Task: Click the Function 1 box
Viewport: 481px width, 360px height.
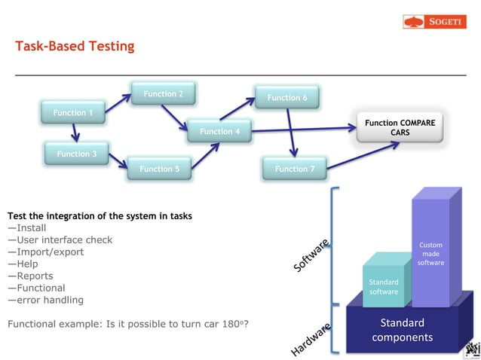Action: pyautogui.click(x=73, y=113)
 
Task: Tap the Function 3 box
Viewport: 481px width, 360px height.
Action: pyautogui.click(x=77, y=154)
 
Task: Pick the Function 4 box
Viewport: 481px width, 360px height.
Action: pyautogui.click(x=219, y=132)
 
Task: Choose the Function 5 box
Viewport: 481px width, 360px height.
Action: pyautogui.click(x=159, y=169)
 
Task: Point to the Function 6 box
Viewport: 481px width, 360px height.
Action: pyautogui.click(x=287, y=97)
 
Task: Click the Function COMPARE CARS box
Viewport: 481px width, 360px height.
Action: pyautogui.click(x=400, y=127)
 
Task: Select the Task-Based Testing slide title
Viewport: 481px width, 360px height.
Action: pyautogui.click(x=75, y=47)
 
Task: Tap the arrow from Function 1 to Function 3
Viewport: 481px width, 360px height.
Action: pyautogui.click(x=75, y=133)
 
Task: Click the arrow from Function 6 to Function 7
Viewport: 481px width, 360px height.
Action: pyautogui.click(x=291, y=133)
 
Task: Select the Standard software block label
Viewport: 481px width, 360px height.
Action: pyautogui.click(x=383, y=287)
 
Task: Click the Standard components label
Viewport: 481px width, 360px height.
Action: pyautogui.click(x=402, y=330)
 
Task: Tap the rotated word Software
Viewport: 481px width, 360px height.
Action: pyautogui.click(x=310, y=256)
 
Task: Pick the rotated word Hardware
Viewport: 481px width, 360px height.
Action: pyautogui.click(x=311, y=339)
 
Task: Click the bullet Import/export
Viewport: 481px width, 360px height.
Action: pyautogui.click(x=46, y=252)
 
